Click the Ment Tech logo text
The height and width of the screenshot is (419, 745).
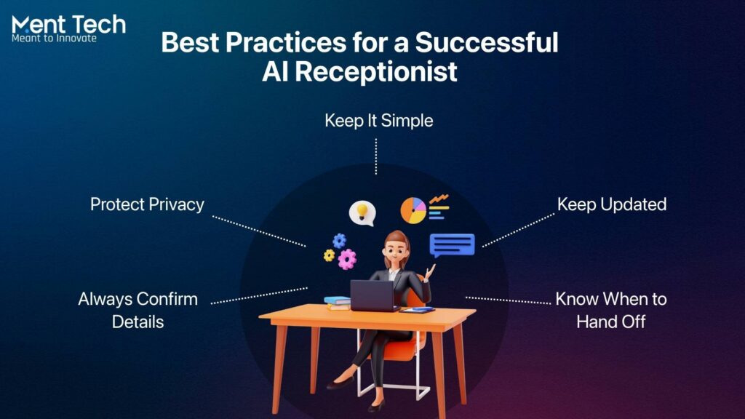(68, 25)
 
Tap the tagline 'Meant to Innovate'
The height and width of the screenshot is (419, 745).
(54, 39)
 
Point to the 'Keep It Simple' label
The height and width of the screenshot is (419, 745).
(378, 121)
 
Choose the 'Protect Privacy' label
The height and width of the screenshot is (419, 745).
(147, 204)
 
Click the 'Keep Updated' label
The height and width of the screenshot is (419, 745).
(611, 204)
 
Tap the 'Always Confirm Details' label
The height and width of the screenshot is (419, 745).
(138, 310)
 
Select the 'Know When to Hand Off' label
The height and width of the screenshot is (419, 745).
(610, 310)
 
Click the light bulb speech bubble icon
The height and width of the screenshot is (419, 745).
(362, 212)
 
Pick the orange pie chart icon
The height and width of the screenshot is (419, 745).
(413, 210)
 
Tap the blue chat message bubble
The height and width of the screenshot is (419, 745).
(452, 245)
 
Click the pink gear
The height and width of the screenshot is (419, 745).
(348, 258)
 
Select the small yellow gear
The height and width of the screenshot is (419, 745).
(329, 255)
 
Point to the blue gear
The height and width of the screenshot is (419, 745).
(339, 241)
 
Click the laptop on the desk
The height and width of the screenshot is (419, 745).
(372, 295)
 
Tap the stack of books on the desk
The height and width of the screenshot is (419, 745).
(338, 303)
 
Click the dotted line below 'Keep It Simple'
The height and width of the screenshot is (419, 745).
(375, 156)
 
